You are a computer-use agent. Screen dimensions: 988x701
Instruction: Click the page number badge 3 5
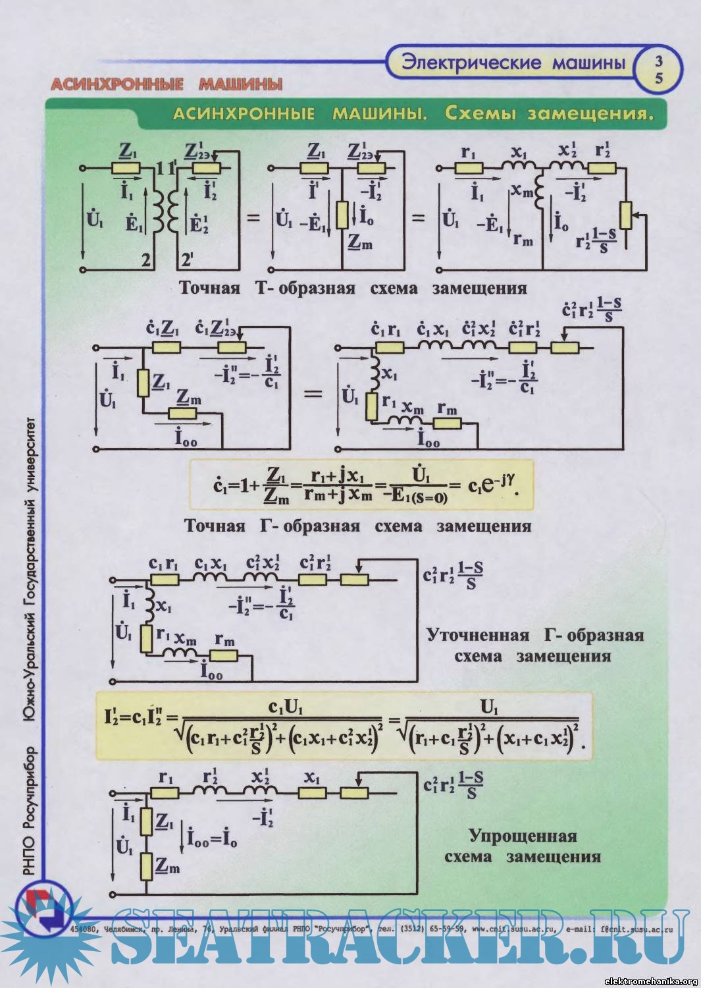coord(659,69)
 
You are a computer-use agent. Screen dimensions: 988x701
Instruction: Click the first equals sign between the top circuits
coord(253,217)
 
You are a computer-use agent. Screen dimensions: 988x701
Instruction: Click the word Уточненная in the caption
coord(478,636)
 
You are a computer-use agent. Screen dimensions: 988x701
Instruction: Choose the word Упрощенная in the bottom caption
coord(523,837)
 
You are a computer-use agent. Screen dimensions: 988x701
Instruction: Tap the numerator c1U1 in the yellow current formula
coord(286,707)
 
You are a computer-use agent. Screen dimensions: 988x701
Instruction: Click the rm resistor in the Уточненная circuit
coord(224,655)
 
